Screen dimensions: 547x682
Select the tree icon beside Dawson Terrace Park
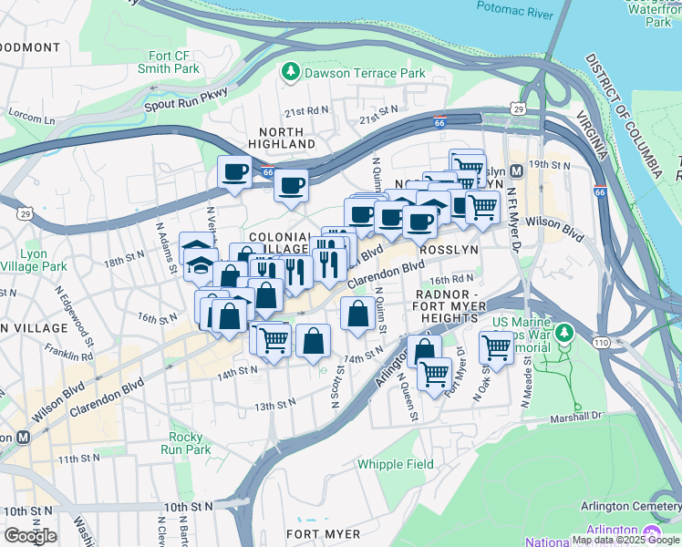291,72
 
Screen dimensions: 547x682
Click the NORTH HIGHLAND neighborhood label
281,138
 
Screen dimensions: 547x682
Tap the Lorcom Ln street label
31,119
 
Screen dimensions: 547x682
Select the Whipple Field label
395,464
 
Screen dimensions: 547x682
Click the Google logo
30,535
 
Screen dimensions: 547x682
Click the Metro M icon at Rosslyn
517,170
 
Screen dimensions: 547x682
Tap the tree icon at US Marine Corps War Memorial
565,334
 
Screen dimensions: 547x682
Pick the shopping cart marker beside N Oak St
496,346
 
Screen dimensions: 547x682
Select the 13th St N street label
275,404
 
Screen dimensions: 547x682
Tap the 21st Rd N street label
305,110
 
